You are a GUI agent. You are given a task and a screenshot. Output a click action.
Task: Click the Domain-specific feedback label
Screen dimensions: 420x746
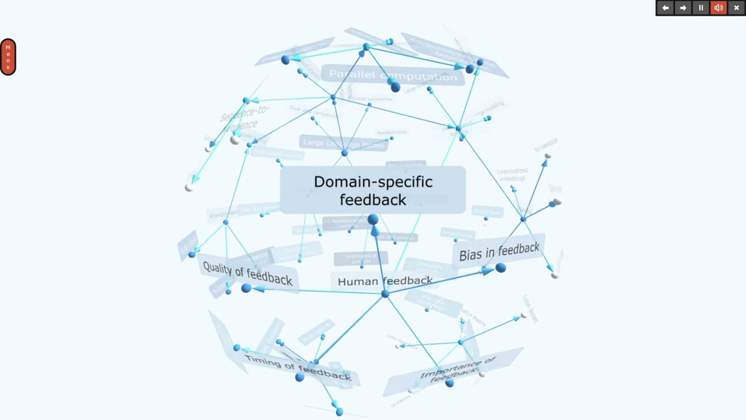tap(373, 190)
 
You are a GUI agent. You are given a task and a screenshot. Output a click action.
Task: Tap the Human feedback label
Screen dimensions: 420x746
tap(385, 281)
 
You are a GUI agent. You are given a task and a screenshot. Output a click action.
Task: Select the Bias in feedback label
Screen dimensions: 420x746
tap(499, 251)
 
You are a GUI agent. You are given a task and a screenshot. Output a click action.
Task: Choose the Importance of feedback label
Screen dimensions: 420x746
tap(458, 370)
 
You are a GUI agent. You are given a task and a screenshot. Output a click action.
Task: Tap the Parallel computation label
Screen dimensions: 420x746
tap(393, 75)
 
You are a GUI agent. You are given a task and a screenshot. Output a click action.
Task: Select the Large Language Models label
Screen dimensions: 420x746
tap(344, 143)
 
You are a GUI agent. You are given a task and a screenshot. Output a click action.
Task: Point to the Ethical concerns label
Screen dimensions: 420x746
tap(370, 99)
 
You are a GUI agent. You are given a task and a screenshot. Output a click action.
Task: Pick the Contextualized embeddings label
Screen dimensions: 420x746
tap(512, 174)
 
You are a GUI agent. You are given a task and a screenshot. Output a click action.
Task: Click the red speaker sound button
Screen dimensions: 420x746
tap(719, 8)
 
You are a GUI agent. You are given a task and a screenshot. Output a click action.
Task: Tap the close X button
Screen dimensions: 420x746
tap(736, 8)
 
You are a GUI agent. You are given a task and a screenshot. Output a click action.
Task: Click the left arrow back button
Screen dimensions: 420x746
tap(666, 8)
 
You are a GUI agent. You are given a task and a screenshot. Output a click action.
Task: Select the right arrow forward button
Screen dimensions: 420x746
tap(683, 8)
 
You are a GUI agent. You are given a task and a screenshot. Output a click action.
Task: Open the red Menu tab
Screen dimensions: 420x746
tap(8, 57)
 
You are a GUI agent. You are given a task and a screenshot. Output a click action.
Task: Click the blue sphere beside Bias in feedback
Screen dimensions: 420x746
tap(501, 268)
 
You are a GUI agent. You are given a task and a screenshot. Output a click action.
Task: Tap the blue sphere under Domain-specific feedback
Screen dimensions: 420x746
tap(373, 219)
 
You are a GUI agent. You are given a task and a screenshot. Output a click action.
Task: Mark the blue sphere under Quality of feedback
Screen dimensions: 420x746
tap(246, 288)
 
